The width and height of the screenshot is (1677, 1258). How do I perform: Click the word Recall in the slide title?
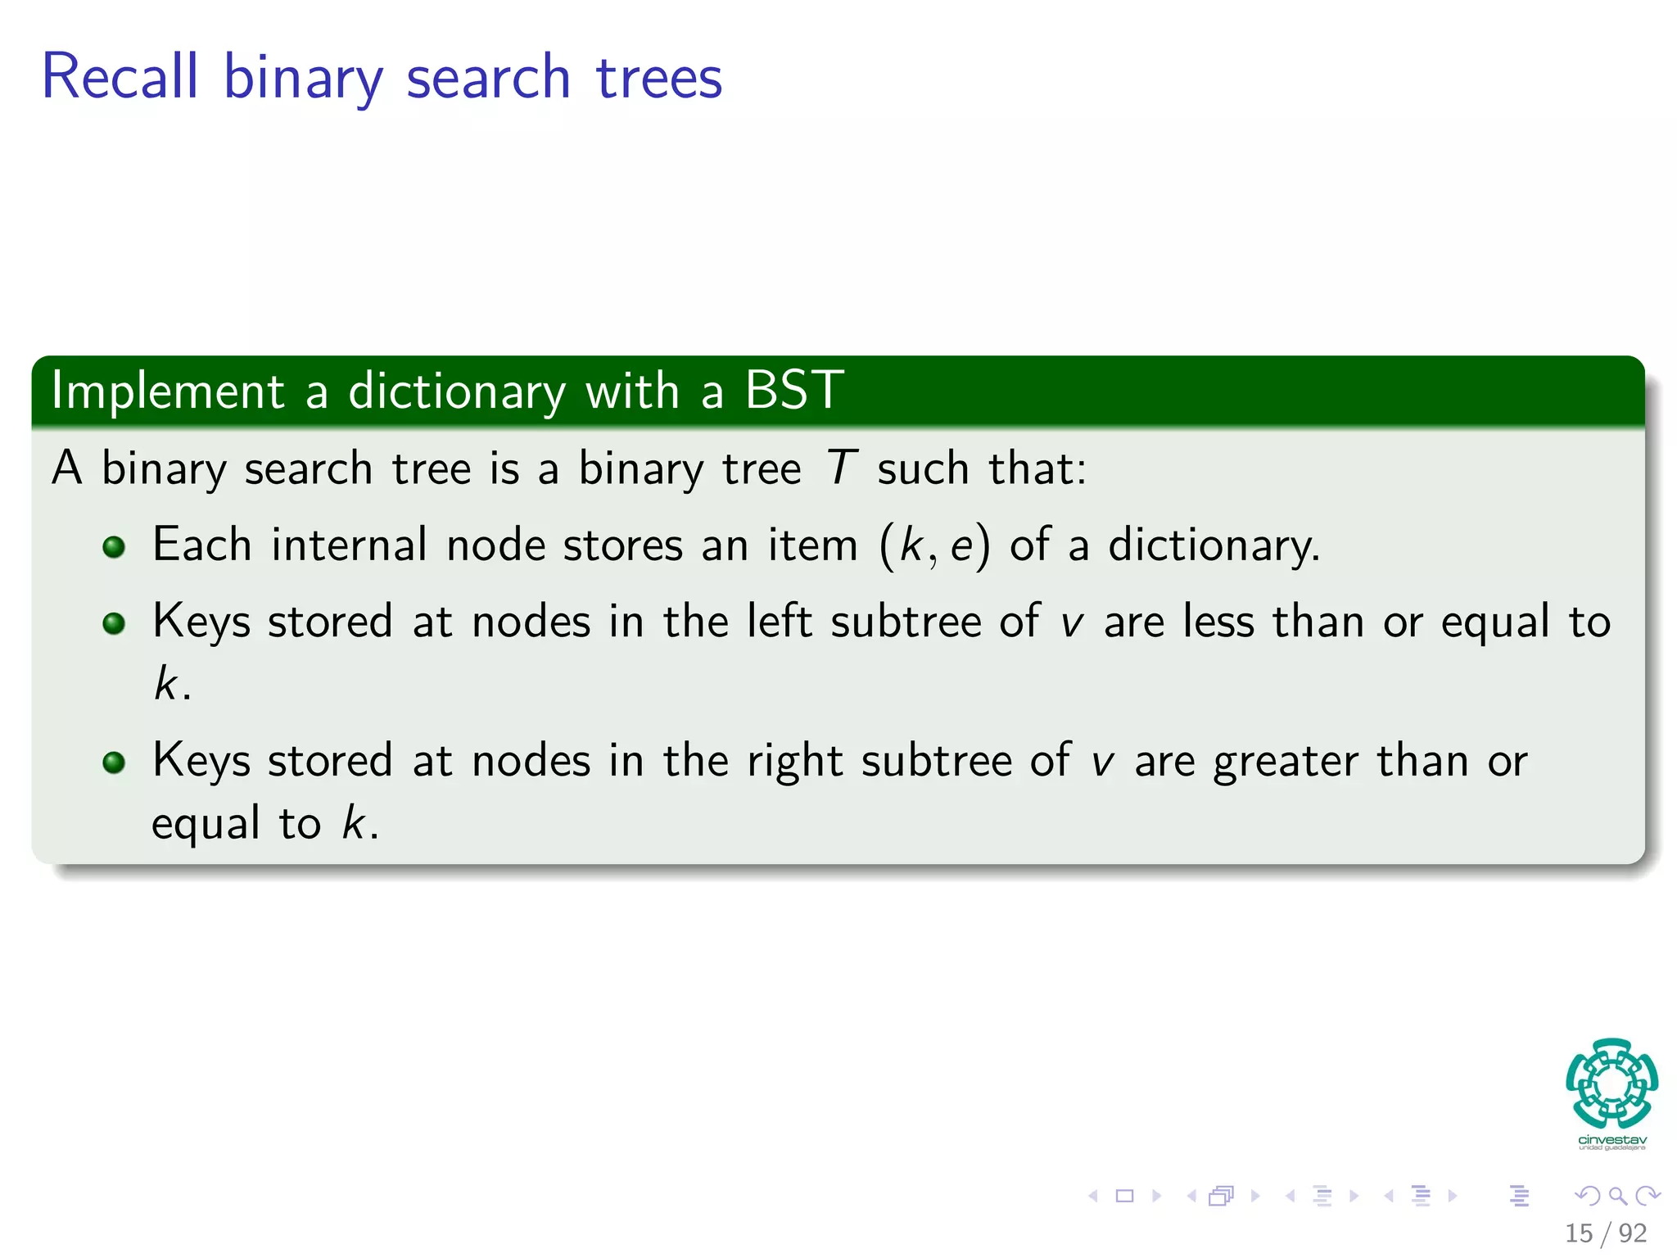(120, 77)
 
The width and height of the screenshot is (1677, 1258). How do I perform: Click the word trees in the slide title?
(658, 79)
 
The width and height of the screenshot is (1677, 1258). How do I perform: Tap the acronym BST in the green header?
(793, 390)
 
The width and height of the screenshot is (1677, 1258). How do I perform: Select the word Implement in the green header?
(168, 391)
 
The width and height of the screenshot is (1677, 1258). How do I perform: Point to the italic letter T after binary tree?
(841, 468)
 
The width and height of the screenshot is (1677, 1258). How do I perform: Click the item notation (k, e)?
(934, 545)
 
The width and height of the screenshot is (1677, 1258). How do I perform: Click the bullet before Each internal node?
(114, 547)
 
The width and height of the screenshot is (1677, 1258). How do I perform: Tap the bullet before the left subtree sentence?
(114, 624)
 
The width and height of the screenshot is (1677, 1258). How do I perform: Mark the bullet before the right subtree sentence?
(114, 763)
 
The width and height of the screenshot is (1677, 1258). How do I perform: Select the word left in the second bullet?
(779, 621)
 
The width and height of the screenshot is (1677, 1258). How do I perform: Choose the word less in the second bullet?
(1218, 621)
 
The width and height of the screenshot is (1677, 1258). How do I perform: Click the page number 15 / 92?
(1605, 1233)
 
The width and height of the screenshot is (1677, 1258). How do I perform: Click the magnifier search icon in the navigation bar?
(1617, 1196)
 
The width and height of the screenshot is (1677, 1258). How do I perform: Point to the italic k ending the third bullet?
(353, 822)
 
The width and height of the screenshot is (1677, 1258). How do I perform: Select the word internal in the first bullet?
(349, 545)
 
